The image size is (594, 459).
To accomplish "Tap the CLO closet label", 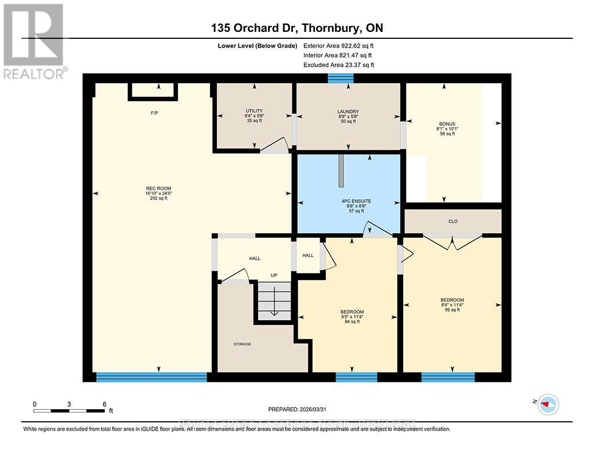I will coord(453,221).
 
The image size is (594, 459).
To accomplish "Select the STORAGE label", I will coord(242,344).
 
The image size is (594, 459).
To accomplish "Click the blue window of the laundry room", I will coord(336,78).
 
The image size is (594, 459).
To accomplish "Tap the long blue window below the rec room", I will coord(151,377).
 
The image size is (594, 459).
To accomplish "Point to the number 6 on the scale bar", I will coord(104,404).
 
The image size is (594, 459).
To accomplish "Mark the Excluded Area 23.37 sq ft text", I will coord(339,65).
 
